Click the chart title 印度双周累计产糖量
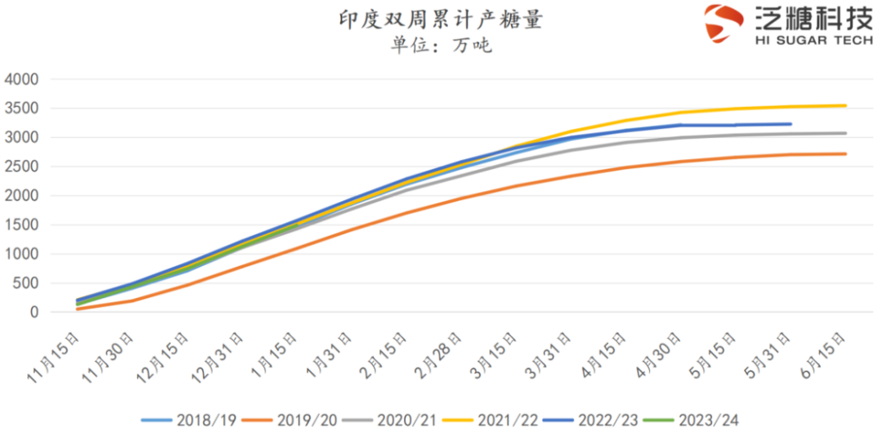pyautogui.click(x=441, y=20)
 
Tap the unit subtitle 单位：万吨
pyautogui.click(x=441, y=46)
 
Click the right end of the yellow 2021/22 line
pyautogui.click(x=845, y=105)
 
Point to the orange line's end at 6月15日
pyautogui.click(x=845, y=153)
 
